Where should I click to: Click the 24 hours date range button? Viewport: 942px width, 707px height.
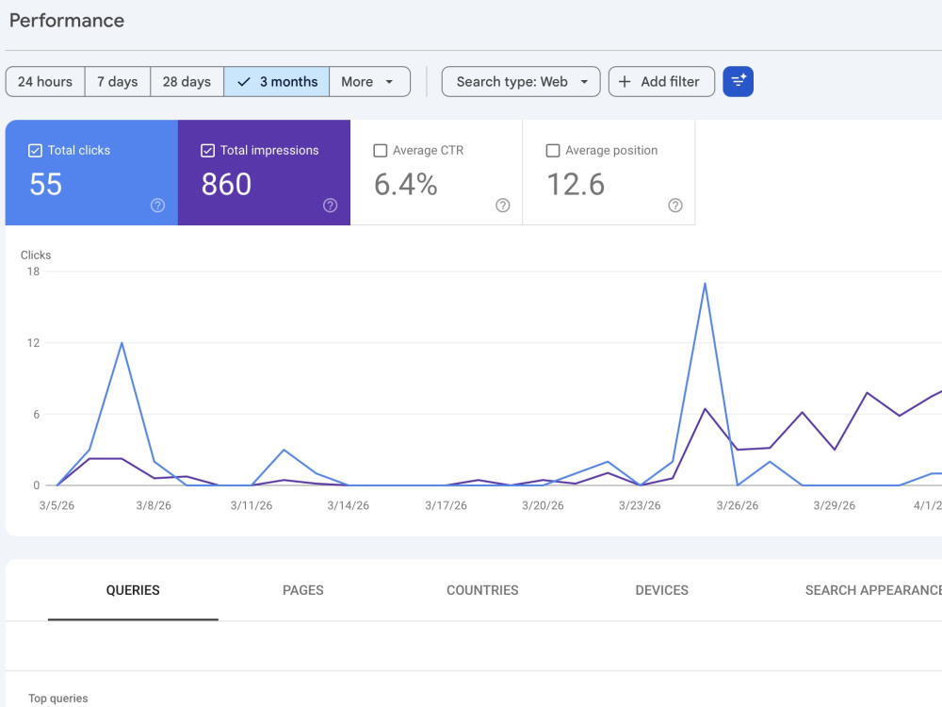[x=45, y=82]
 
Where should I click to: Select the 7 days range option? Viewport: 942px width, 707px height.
[x=118, y=82]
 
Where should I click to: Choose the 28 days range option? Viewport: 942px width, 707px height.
[x=187, y=82]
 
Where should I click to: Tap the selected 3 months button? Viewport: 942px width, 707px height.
[x=276, y=82]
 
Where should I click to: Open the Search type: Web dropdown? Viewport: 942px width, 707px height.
[x=521, y=82]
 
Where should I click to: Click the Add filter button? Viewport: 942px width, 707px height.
[x=661, y=82]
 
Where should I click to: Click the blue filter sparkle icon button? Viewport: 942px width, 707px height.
[x=738, y=82]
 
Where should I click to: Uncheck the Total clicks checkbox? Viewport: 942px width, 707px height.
[x=36, y=150]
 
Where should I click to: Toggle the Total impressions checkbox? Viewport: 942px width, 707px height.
[x=208, y=150]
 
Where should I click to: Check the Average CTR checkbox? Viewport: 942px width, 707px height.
[x=381, y=150]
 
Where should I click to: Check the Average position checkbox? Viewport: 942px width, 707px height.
[x=553, y=150]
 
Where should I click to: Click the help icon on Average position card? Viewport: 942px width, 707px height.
[x=675, y=206]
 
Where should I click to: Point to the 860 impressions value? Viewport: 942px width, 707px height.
[x=226, y=184]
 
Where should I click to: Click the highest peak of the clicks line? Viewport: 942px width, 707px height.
[x=705, y=284]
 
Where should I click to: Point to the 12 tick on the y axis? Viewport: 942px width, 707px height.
[x=33, y=343]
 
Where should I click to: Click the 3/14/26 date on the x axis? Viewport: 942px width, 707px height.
[x=349, y=505]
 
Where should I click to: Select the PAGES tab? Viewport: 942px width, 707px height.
[x=302, y=590]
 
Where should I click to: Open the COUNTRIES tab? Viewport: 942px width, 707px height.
[x=482, y=590]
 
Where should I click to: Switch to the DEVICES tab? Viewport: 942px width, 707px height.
[x=662, y=590]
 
